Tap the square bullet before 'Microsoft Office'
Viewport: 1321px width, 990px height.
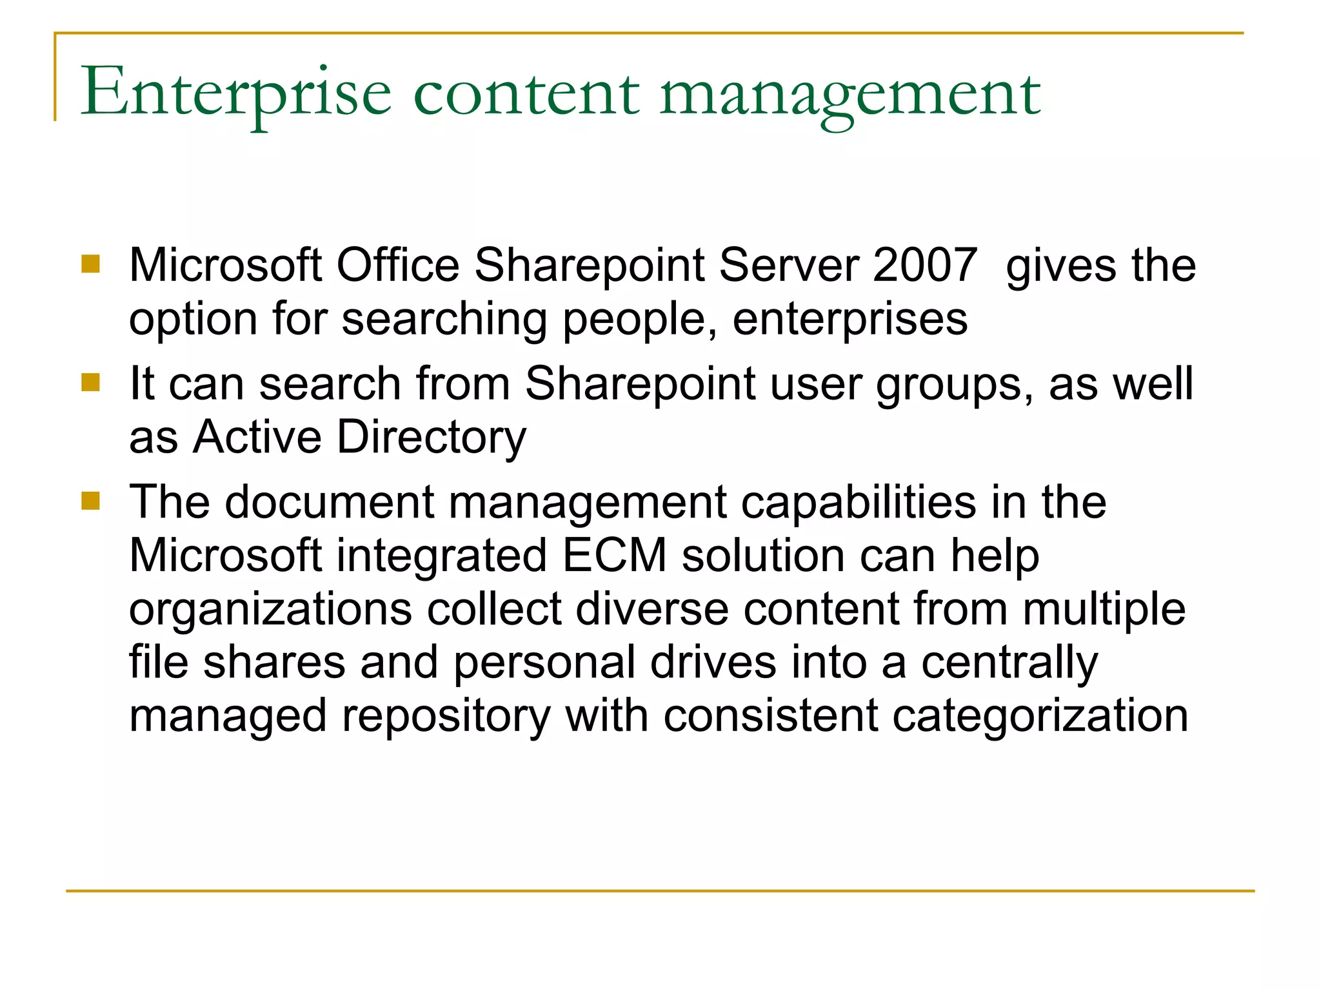click(91, 264)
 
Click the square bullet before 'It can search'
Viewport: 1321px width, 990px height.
click(91, 382)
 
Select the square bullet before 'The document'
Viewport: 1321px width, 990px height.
click(91, 501)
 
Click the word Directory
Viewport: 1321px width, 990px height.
click(432, 438)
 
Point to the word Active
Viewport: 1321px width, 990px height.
click(257, 436)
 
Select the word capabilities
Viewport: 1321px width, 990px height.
click(859, 503)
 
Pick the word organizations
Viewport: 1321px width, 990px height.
click(270, 610)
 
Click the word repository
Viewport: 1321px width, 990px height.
click(446, 717)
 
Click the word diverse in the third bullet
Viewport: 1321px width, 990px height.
click(651, 608)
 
